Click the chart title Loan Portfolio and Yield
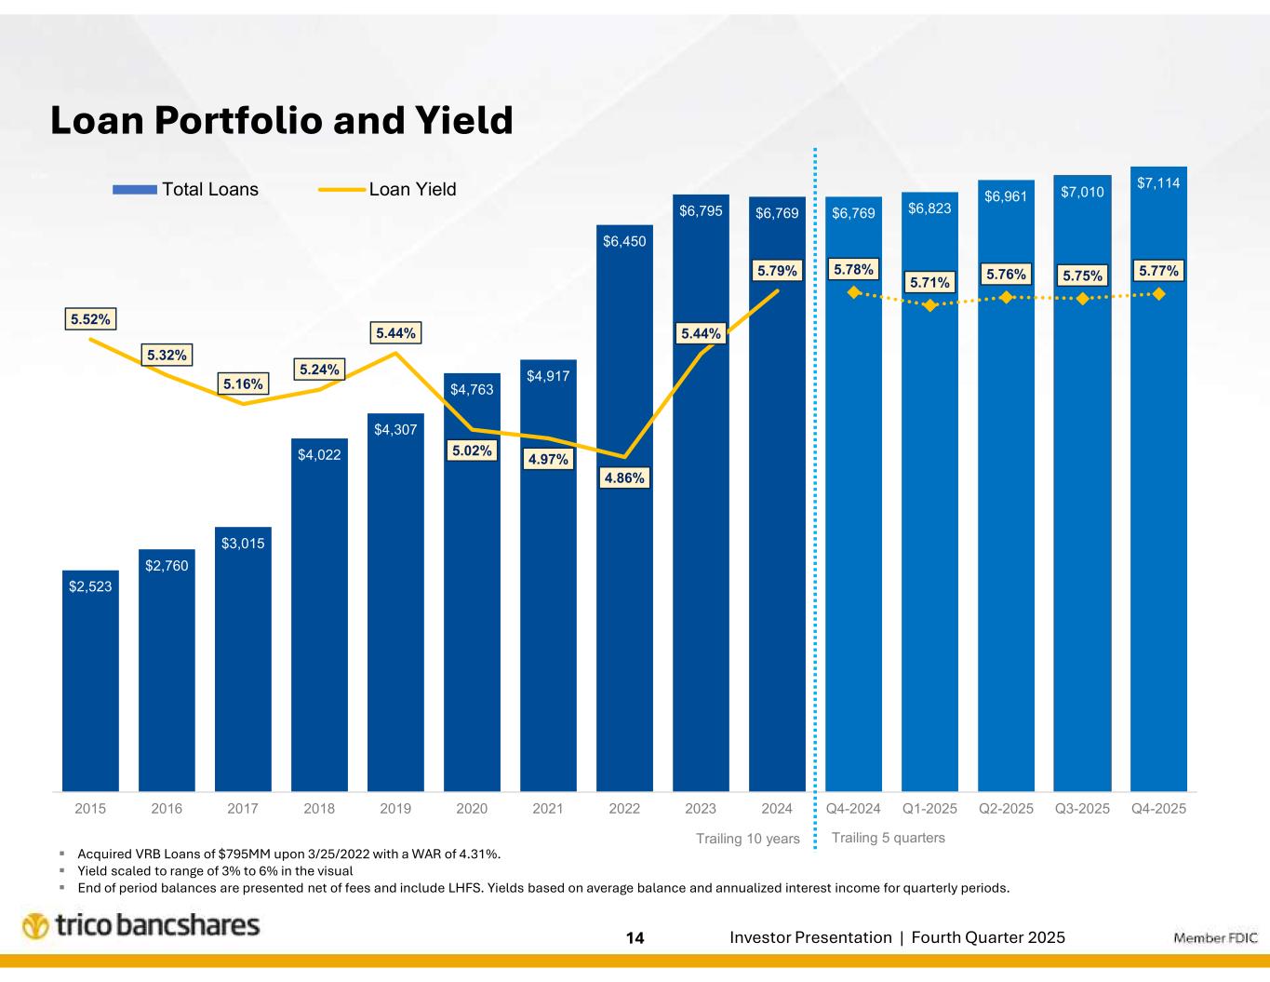(281, 120)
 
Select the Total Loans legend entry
(186, 190)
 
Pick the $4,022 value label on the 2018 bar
(319, 455)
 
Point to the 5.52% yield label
(90, 319)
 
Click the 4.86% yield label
(624, 478)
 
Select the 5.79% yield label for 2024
(777, 271)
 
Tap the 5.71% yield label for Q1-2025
(929, 282)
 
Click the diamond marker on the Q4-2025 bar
(1158, 294)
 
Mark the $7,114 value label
(1158, 183)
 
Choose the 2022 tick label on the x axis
(624, 808)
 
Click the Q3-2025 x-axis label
(1082, 808)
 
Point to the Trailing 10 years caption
(748, 839)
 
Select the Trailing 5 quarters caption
(888, 838)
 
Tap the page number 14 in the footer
(635, 938)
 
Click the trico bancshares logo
(141, 926)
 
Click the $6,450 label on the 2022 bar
(624, 241)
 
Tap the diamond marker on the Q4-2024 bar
(853, 291)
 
